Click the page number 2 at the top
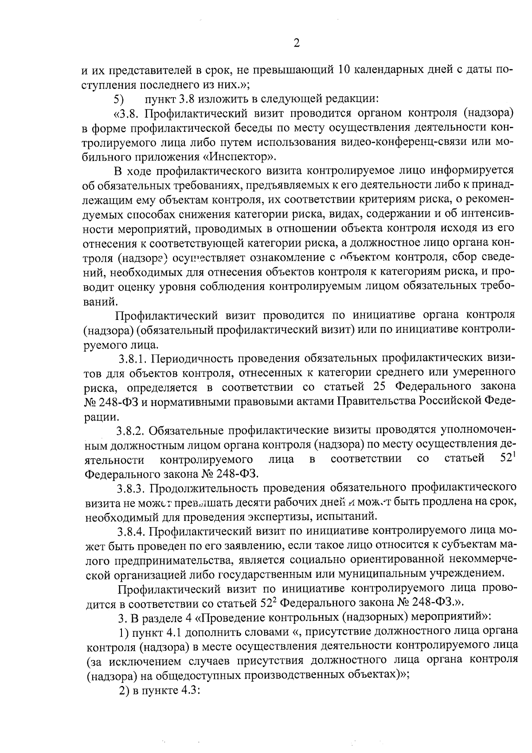coord(297,43)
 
